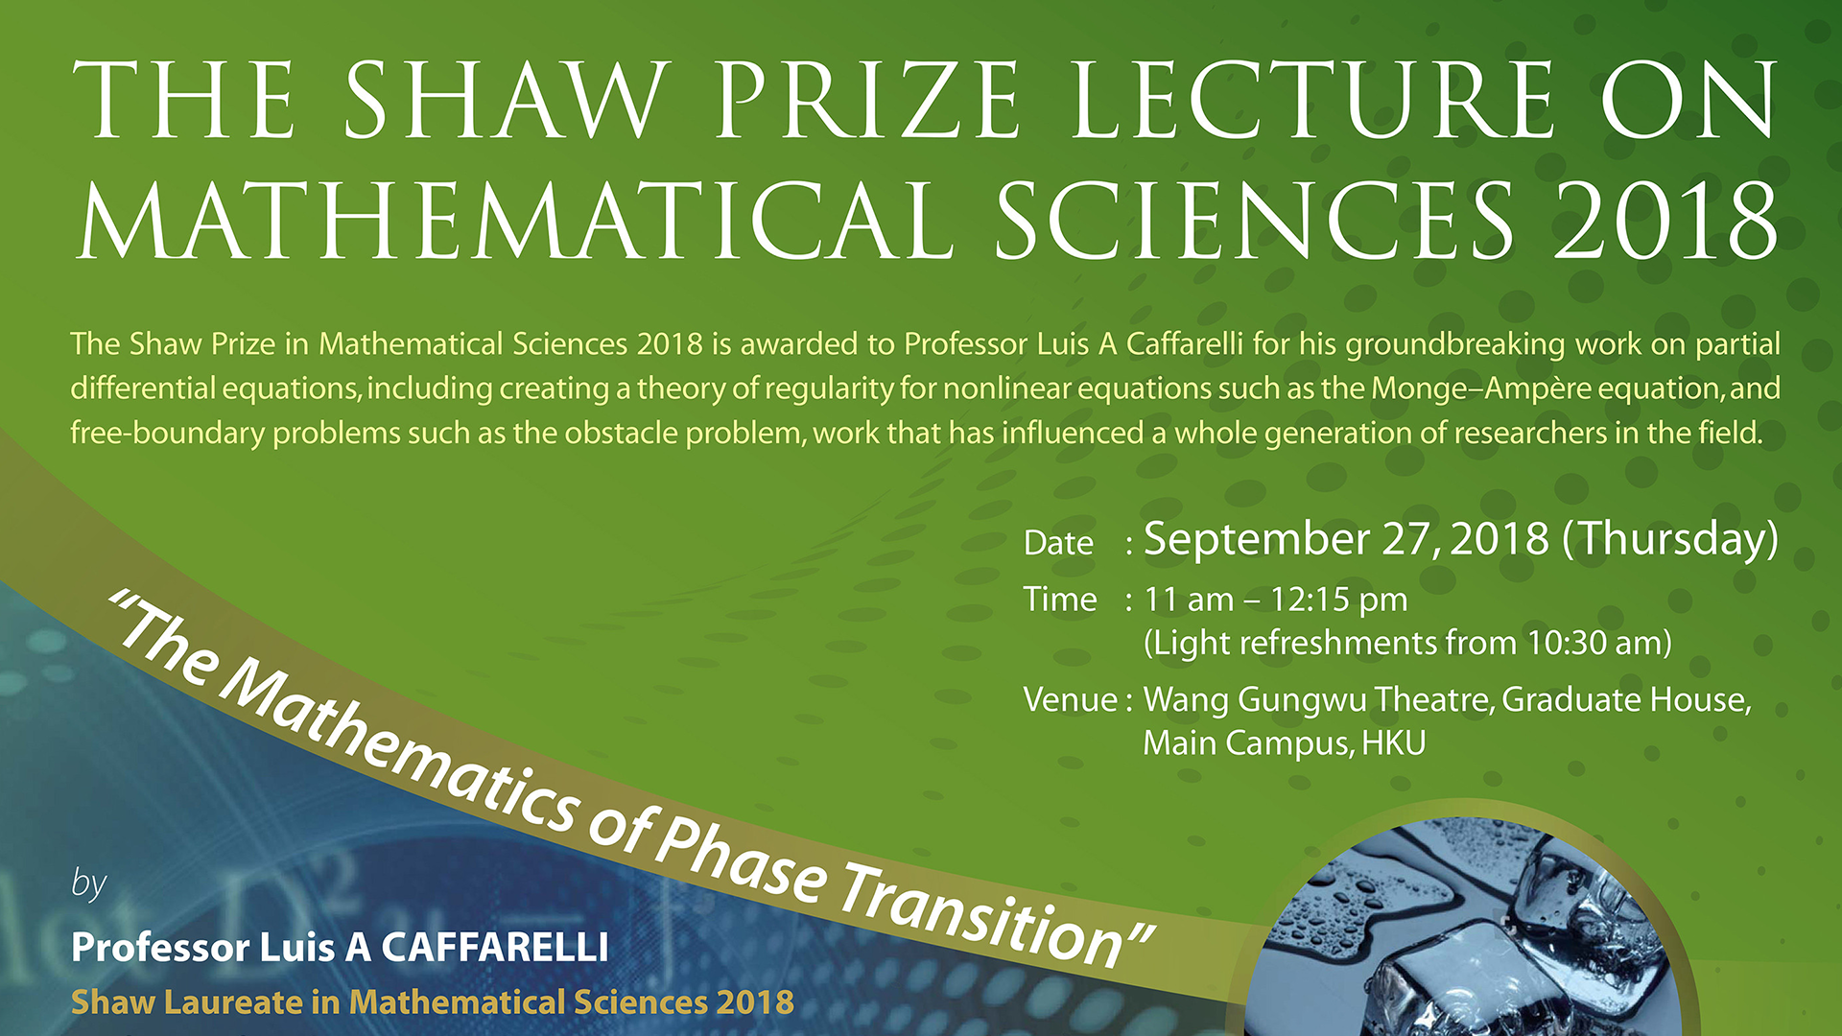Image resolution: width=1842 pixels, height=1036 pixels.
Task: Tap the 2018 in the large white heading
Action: (1666, 221)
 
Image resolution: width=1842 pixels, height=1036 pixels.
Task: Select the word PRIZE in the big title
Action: (867, 100)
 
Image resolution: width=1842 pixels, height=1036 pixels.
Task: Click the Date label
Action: (1058, 543)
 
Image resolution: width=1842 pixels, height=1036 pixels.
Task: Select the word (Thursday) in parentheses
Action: (1670, 539)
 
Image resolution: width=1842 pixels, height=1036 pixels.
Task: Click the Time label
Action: (1060, 600)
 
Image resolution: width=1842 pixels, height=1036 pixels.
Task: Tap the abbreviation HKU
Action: (1394, 742)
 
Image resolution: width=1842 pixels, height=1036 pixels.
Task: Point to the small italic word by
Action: (89, 883)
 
